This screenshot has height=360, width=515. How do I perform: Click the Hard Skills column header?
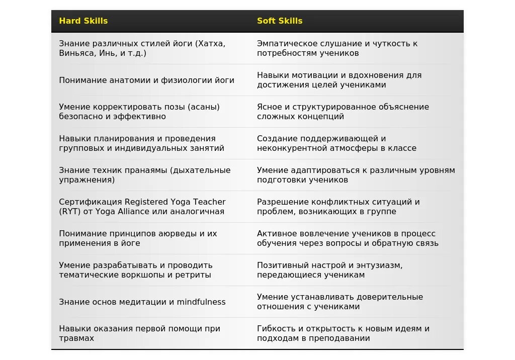click(83, 21)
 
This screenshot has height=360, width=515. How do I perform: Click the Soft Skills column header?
click(280, 21)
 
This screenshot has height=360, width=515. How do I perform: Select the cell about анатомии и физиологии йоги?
click(146, 80)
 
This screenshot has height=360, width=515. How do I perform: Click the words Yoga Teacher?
click(198, 202)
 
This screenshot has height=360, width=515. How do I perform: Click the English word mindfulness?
click(201, 302)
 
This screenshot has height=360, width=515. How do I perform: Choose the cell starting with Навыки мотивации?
click(339, 80)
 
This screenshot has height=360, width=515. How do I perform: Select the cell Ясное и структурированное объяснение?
click(343, 112)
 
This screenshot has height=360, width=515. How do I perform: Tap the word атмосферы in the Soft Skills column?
click(350, 148)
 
